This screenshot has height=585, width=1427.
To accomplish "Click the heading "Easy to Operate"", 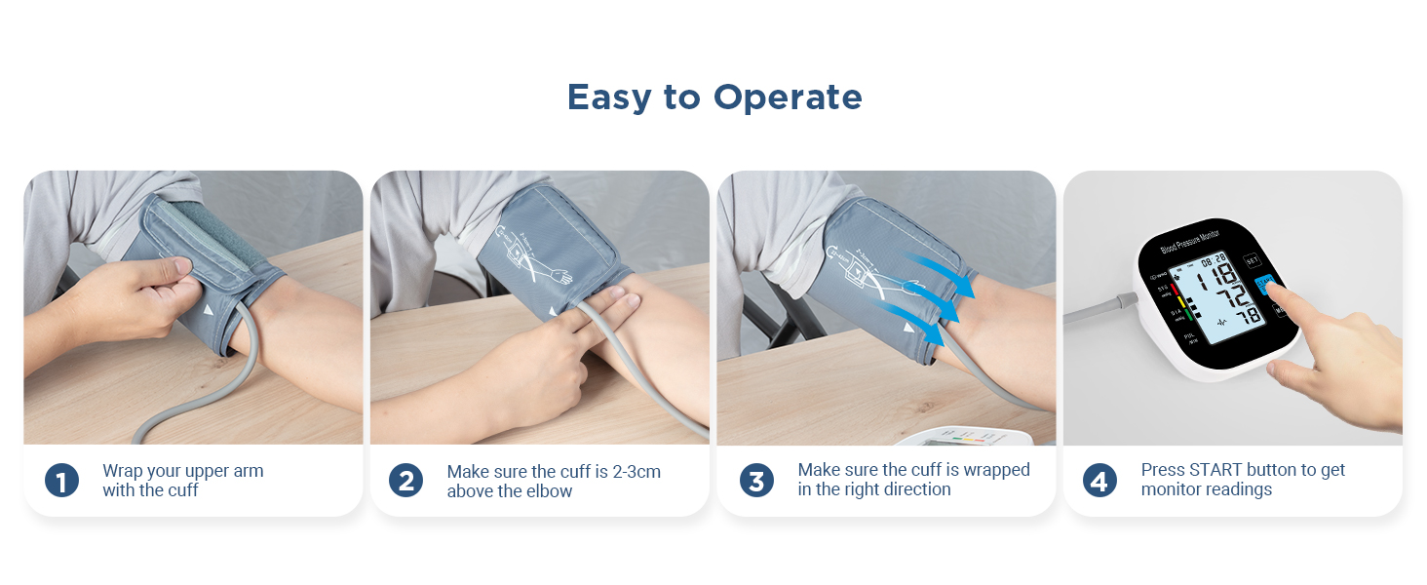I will click(714, 97).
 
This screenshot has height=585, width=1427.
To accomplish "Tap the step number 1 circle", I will click(61, 480).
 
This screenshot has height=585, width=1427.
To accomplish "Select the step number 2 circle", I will click(405, 480).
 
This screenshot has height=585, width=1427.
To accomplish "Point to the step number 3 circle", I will click(756, 480).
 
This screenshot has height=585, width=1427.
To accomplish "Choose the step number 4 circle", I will click(1099, 480).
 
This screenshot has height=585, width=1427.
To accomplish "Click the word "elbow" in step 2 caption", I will click(550, 491).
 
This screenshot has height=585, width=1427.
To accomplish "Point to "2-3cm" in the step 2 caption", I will click(636, 472).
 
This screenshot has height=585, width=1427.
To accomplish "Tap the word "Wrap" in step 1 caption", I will click(122, 471).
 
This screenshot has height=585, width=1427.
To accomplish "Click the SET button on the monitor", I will click(1253, 262).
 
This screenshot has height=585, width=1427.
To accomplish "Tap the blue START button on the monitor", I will click(1264, 285).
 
